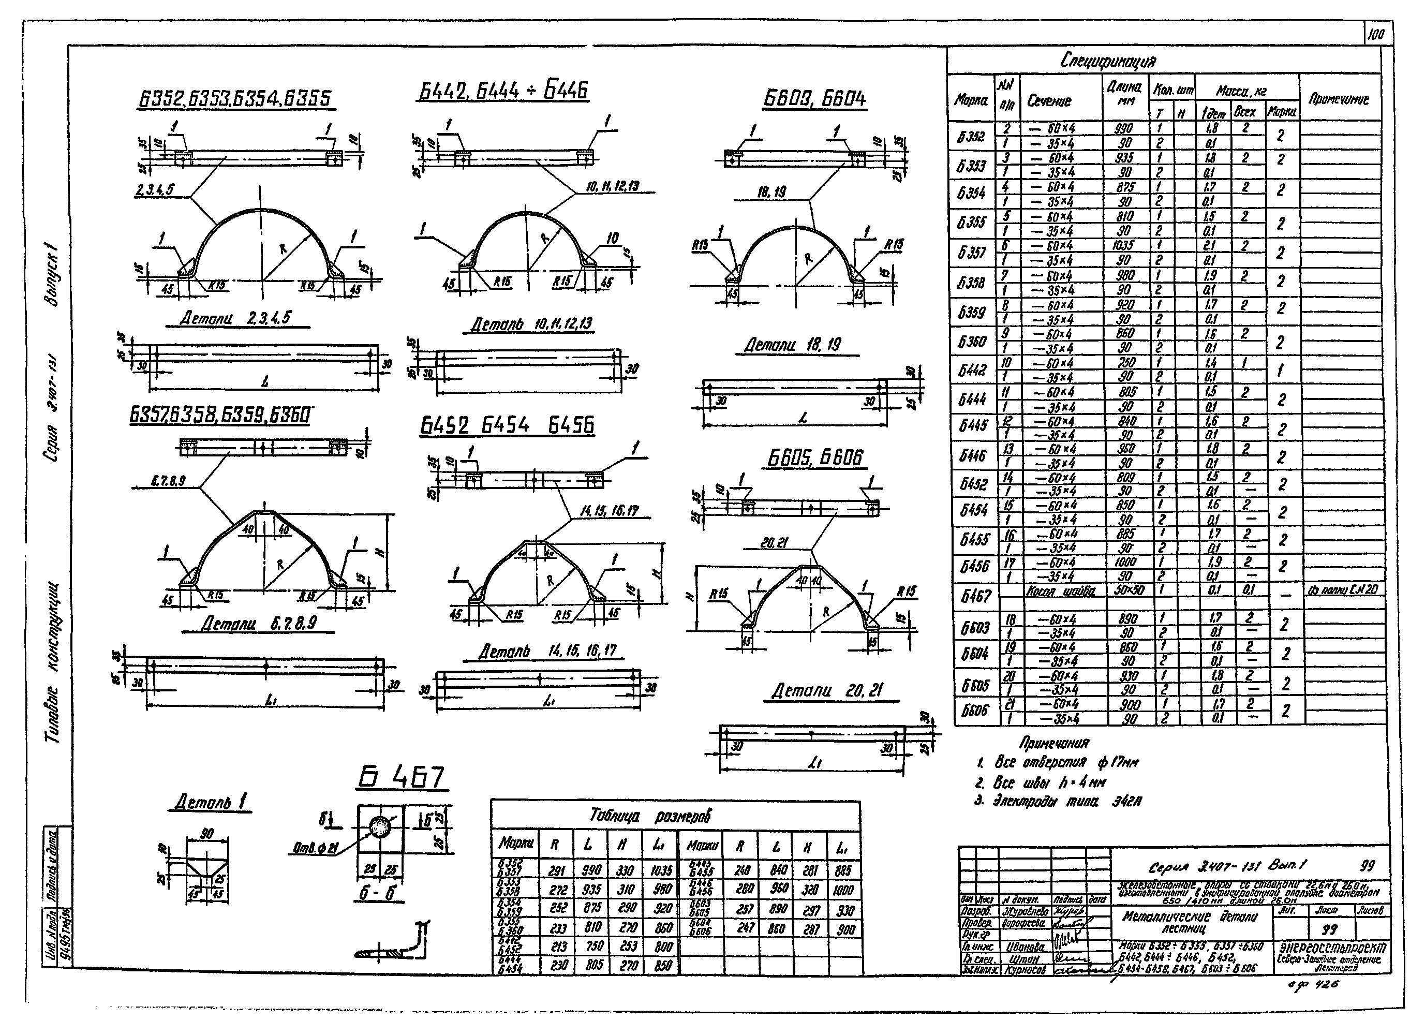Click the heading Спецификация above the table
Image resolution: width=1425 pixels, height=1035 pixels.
click(1107, 62)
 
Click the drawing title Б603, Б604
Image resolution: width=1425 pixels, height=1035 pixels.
click(815, 99)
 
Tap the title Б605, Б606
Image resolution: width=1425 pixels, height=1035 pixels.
click(815, 458)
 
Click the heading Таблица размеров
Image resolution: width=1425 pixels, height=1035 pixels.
click(650, 816)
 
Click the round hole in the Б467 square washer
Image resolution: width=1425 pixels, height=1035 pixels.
click(379, 826)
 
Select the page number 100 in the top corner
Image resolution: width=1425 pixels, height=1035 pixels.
click(1375, 35)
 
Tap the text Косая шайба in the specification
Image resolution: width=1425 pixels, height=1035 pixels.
click(1061, 590)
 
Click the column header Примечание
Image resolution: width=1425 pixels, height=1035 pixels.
click(1338, 99)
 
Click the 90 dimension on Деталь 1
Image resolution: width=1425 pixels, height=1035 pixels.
click(207, 834)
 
